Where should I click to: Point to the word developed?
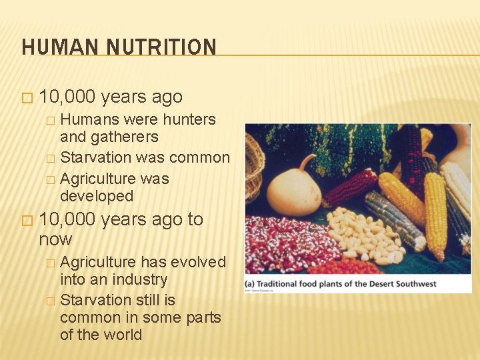[97, 196]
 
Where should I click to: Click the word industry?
[134, 279]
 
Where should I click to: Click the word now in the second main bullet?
[55, 239]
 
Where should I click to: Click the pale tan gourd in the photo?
[293, 190]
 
